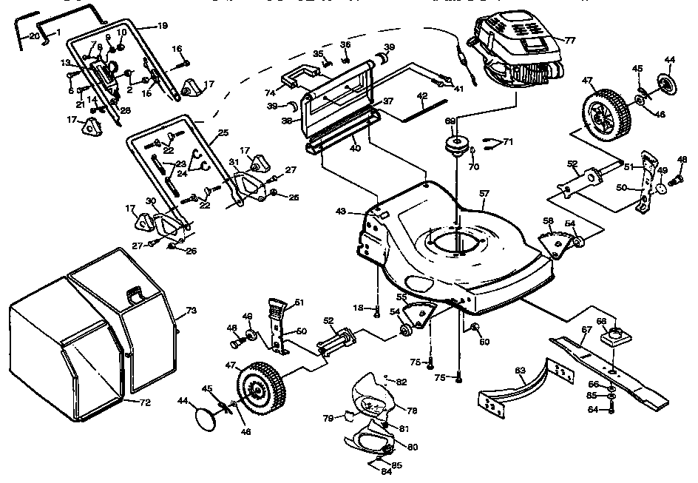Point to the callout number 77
click(569, 39)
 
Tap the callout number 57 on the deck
click(485, 194)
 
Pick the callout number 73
click(191, 311)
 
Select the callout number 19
click(162, 26)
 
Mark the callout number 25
click(222, 134)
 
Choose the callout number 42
click(422, 96)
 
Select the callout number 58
click(548, 220)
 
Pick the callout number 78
click(410, 409)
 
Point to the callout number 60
click(484, 342)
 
